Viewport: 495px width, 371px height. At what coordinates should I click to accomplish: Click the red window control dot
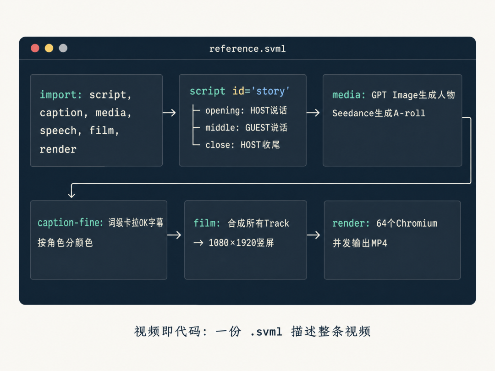35,48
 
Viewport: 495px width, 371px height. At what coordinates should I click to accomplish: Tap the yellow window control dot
49,48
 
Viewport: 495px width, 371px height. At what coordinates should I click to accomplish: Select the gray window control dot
63,48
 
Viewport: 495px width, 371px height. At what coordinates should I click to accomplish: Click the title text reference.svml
247,49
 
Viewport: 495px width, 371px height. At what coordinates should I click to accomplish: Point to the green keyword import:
61,95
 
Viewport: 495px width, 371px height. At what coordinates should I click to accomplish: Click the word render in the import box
58,149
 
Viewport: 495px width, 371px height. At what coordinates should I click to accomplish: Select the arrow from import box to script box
169,113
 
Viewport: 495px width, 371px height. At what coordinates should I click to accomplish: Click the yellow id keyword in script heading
238,91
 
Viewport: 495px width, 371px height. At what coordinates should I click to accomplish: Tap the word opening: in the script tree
225,111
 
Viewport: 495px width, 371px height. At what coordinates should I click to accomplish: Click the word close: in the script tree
220,145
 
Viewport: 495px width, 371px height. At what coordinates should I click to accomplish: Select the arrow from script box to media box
313,113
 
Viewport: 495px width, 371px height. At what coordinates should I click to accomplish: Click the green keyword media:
349,95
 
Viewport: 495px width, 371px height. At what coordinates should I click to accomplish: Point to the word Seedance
353,113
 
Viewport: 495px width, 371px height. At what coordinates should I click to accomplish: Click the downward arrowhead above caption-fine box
71,195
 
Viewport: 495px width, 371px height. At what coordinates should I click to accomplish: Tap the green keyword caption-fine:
71,223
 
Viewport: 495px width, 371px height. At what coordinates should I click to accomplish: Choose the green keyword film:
207,224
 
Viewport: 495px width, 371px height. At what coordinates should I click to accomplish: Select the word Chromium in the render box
417,224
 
